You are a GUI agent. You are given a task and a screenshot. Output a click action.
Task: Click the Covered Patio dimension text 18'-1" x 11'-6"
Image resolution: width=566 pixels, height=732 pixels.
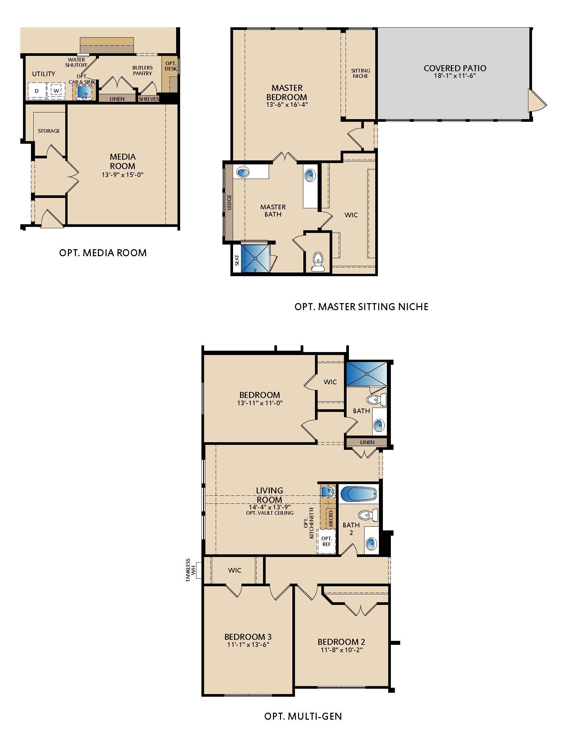(455, 76)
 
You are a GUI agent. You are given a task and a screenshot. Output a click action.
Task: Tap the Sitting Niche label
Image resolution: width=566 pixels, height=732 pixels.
(361, 73)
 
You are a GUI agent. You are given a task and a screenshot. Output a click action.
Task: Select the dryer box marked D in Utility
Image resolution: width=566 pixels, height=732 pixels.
(37, 91)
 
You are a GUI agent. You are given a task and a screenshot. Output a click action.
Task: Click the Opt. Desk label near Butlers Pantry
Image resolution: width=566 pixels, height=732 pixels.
(171, 66)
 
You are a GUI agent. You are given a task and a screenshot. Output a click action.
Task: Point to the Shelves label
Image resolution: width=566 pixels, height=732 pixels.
(148, 99)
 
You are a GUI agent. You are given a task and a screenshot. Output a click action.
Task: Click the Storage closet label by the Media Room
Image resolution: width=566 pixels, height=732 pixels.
(49, 131)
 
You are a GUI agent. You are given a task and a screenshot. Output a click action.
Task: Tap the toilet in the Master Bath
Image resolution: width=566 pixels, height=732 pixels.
(318, 262)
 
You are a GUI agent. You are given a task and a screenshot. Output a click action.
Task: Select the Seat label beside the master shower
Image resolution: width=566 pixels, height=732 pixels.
(237, 260)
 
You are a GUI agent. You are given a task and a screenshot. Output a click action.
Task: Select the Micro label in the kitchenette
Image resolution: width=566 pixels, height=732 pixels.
(331, 518)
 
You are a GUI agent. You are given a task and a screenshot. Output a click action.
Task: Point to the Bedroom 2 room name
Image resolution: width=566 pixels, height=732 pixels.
(341, 641)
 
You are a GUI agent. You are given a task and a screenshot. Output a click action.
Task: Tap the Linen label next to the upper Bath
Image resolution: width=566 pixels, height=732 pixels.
(367, 442)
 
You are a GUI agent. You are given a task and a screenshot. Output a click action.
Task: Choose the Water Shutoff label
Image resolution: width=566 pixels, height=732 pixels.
(77, 62)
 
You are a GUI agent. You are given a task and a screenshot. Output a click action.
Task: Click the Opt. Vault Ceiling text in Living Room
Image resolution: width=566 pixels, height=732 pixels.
(270, 513)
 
